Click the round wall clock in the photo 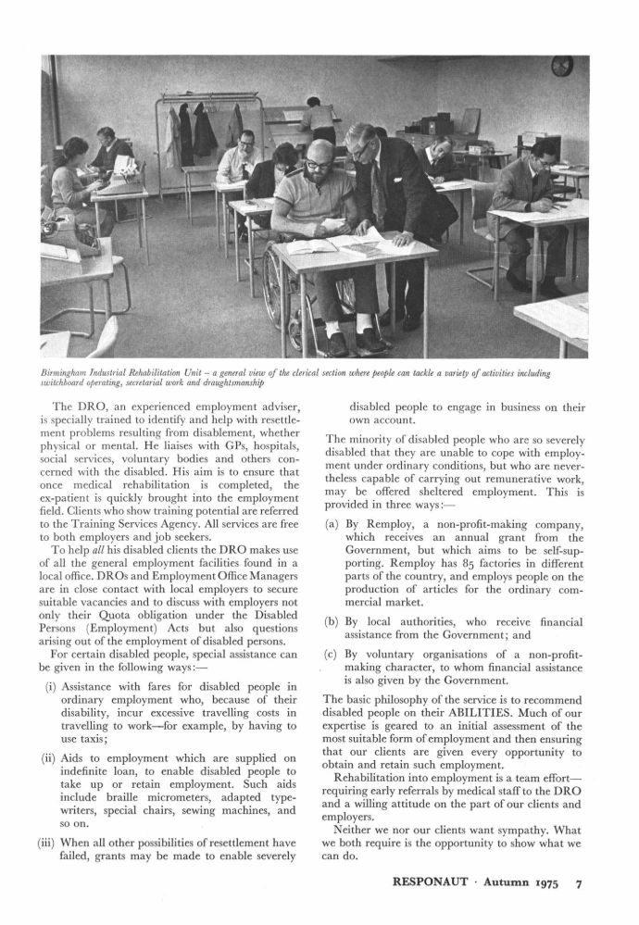561,66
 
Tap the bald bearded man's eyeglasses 318,164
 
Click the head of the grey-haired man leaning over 359,139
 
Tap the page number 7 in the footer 578,883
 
